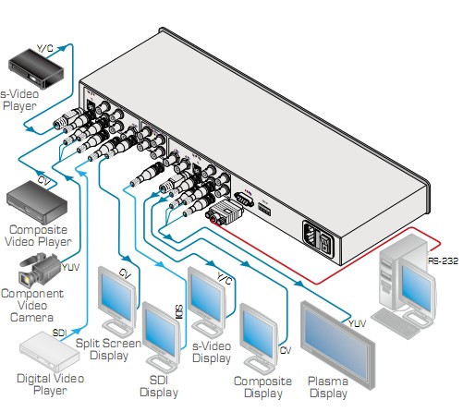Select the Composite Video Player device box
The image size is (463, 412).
37,202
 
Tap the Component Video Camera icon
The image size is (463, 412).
40,269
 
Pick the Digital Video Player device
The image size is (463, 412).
49,352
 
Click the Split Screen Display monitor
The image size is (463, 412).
117,301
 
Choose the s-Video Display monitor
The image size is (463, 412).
207,302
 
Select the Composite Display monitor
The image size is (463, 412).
259,338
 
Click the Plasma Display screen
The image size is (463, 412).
338,345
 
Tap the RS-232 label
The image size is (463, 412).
443,261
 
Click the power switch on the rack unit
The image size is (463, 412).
324,242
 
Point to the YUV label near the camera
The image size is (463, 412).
70,267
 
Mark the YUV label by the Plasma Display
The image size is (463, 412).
357,323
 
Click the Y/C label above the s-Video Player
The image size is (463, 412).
45,48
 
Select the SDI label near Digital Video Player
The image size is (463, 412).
59,333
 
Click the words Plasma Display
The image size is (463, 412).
328,387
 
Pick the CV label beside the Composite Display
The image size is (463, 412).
286,350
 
